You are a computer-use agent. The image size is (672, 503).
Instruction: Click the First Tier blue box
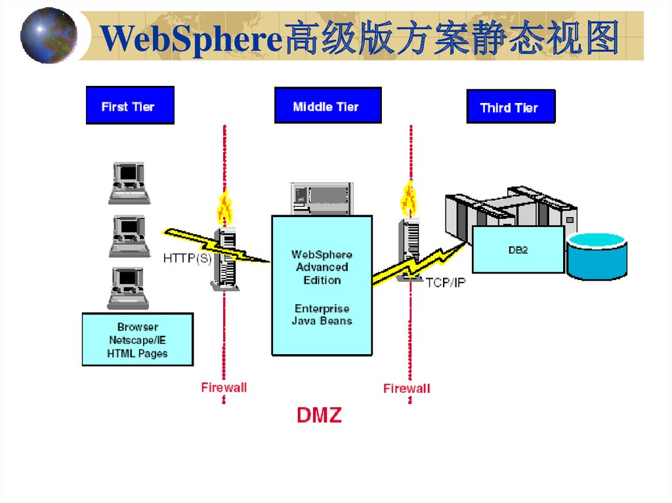[x=130, y=106]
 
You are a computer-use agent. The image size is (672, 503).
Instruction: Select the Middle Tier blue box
[x=327, y=106]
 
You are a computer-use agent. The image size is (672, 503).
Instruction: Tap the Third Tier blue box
[x=511, y=107]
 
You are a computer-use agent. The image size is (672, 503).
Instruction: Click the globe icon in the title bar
[x=49, y=35]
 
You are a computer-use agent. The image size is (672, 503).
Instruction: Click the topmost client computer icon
[x=129, y=181]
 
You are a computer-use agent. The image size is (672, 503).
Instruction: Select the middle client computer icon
[x=129, y=235]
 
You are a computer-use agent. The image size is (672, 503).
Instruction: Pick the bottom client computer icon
[x=129, y=288]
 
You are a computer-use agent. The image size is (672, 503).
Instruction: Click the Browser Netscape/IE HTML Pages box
[x=137, y=340]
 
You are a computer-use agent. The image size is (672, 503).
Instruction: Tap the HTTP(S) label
[x=187, y=258]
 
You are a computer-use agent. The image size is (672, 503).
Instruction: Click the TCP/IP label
[x=446, y=283]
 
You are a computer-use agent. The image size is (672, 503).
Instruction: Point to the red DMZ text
[x=319, y=415]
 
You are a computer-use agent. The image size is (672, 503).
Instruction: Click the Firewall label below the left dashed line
[x=224, y=387]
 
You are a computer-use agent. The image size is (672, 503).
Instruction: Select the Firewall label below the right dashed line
[x=407, y=388]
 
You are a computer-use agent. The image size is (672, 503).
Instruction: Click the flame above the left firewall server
[x=225, y=207]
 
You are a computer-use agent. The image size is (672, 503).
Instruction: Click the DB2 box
[x=518, y=250]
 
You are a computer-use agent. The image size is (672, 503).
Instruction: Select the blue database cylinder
[x=597, y=256]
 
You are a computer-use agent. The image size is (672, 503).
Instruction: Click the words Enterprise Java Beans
[x=322, y=315]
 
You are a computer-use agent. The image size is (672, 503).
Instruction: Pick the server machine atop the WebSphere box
[x=322, y=199]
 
